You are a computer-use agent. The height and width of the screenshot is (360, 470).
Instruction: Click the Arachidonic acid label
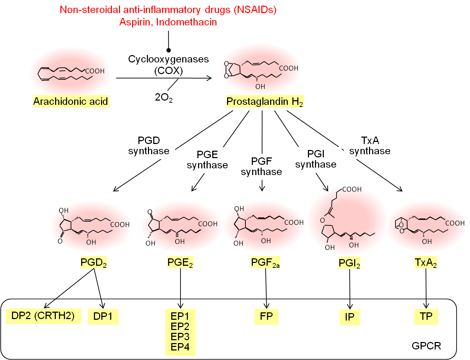[x=71, y=102]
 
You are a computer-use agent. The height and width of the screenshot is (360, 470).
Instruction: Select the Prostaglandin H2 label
[x=264, y=102]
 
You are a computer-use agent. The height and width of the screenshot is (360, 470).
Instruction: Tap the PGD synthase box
[x=149, y=146]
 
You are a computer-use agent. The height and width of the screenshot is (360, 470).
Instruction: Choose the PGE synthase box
[x=207, y=160]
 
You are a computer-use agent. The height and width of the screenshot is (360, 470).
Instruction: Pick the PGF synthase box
[x=261, y=167]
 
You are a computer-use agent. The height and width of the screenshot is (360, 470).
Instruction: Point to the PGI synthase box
[x=316, y=160]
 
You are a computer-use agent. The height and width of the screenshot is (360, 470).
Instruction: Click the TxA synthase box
[x=370, y=146]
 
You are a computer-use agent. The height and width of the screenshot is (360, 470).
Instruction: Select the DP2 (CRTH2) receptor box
[x=43, y=316]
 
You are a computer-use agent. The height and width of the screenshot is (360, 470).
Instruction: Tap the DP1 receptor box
[x=103, y=317]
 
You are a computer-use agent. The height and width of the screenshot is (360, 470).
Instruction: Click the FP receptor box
[x=266, y=316]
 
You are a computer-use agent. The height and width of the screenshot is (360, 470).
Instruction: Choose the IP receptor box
[x=350, y=317]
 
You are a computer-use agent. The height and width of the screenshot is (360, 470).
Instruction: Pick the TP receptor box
[x=426, y=316]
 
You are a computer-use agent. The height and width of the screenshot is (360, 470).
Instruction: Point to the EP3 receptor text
[x=180, y=337]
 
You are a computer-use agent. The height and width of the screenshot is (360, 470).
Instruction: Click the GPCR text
[x=426, y=346]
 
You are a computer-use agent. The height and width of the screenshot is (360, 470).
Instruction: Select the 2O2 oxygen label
[x=163, y=97]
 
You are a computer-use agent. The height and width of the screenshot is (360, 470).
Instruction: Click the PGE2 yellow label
[x=180, y=263]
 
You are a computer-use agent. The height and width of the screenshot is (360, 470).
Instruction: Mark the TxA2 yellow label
[x=426, y=263]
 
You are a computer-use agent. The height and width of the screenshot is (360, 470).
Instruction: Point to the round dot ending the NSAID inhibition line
[x=168, y=50]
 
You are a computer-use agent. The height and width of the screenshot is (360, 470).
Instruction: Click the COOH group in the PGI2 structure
[x=352, y=190]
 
